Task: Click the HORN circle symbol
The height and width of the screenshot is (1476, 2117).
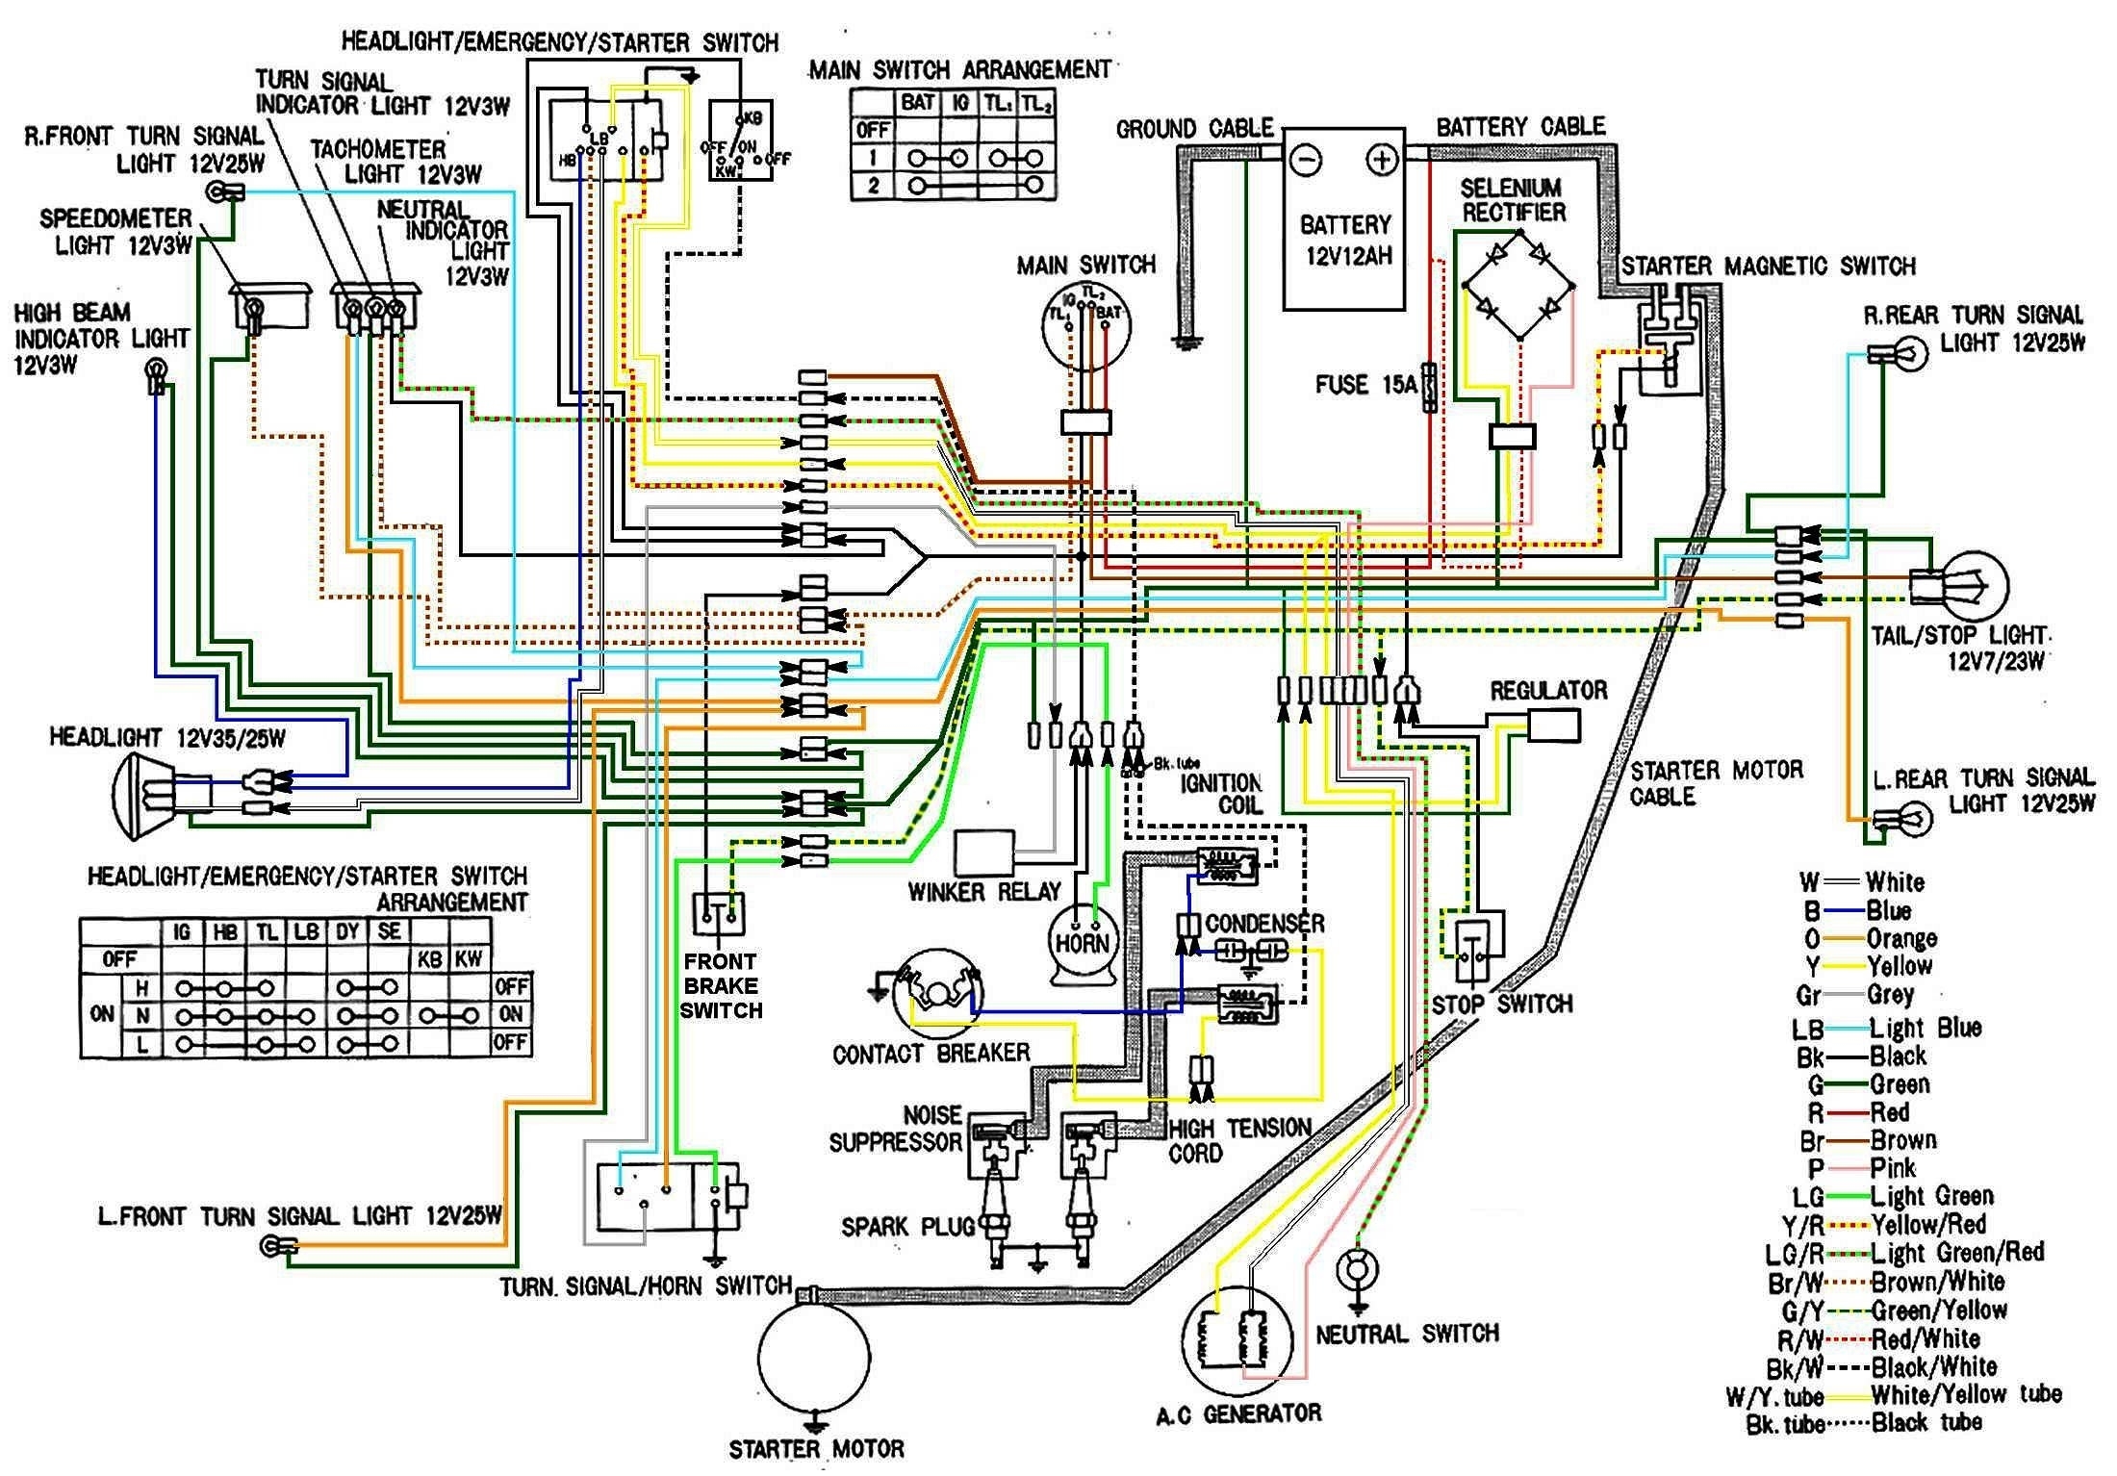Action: tap(1083, 942)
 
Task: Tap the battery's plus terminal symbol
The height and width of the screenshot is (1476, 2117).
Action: tap(1382, 160)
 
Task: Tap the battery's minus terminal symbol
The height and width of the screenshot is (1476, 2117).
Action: tap(1306, 161)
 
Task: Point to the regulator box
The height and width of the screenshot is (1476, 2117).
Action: tap(1553, 725)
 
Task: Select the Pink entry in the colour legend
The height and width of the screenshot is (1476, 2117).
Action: tap(1892, 1168)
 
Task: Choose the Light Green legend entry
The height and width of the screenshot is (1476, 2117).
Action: tap(1929, 1196)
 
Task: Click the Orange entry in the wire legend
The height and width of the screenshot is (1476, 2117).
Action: tap(1900, 938)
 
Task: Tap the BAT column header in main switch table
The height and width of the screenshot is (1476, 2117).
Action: tap(917, 102)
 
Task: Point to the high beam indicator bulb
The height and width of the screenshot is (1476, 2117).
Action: tap(155, 369)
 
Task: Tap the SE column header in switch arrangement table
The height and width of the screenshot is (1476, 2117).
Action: tap(389, 931)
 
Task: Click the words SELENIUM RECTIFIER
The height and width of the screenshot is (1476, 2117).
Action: tap(1513, 200)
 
